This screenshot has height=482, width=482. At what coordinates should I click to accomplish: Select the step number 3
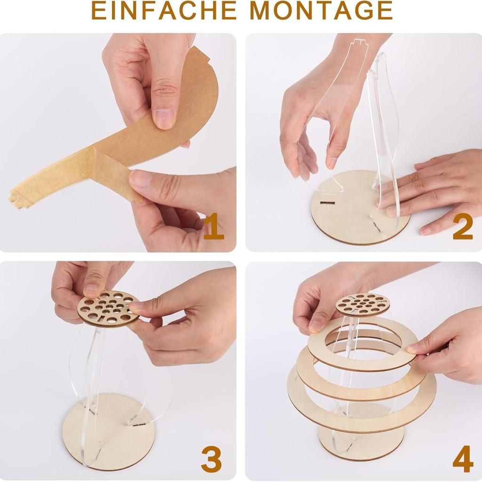coord(211,459)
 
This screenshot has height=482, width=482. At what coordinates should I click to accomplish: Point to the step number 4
coord(462,459)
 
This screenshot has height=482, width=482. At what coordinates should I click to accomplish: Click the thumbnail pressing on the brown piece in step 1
coord(164,118)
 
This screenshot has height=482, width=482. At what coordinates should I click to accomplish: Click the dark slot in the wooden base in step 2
coord(327,203)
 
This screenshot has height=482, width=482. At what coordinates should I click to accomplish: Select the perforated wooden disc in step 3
coord(109,309)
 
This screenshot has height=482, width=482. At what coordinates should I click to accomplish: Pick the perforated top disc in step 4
coord(362,304)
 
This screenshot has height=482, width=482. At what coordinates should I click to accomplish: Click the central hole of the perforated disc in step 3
coord(109,309)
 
